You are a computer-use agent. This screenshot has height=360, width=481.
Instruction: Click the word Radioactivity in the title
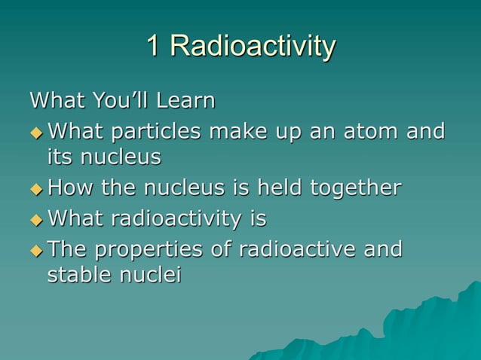pos(252,47)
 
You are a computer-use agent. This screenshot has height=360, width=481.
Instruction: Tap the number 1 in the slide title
pos(153,46)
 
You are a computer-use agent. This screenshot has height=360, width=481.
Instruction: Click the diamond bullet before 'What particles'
pos(36,133)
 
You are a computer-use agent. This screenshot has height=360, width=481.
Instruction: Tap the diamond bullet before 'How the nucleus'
pos(36,188)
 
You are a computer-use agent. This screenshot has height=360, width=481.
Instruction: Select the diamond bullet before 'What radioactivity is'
pos(36,220)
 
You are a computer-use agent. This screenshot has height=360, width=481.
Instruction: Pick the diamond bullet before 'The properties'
pos(36,250)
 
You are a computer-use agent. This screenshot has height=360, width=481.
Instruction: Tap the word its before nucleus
pos(60,157)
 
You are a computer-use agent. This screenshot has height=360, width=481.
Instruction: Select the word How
pos(69,188)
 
